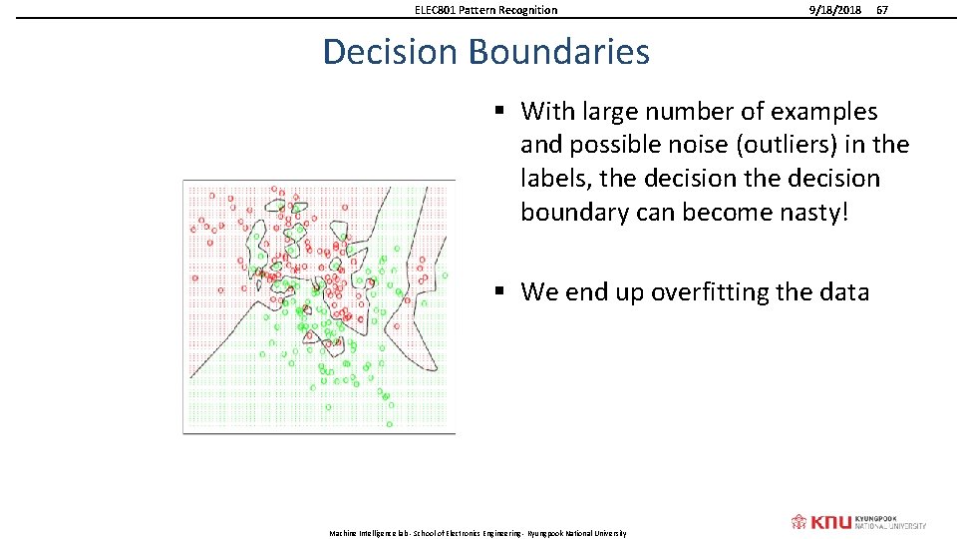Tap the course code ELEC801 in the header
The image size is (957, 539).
click(x=437, y=10)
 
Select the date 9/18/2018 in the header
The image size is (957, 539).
click(x=834, y=10)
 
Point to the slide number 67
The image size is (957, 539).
click(x=881, y=10)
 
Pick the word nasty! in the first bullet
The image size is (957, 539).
click(x=809, y=212)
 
